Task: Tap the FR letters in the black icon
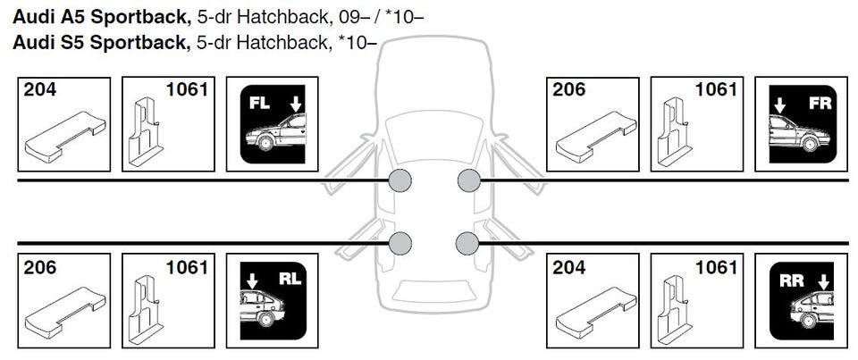tap(819, 103)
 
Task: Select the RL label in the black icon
tap(290, 278)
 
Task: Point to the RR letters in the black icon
tap(792, 280)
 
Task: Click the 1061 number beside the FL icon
tap(187, 90)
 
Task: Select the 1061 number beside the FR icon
tap(716, 90)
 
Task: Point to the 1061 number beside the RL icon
tap(187, 267)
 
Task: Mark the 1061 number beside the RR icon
tap(716, 267)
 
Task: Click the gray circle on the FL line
tap(400, 181)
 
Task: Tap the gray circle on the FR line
tap(468, 181)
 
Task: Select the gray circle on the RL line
tap(400, 242)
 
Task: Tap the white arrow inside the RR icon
tap(823, 282)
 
